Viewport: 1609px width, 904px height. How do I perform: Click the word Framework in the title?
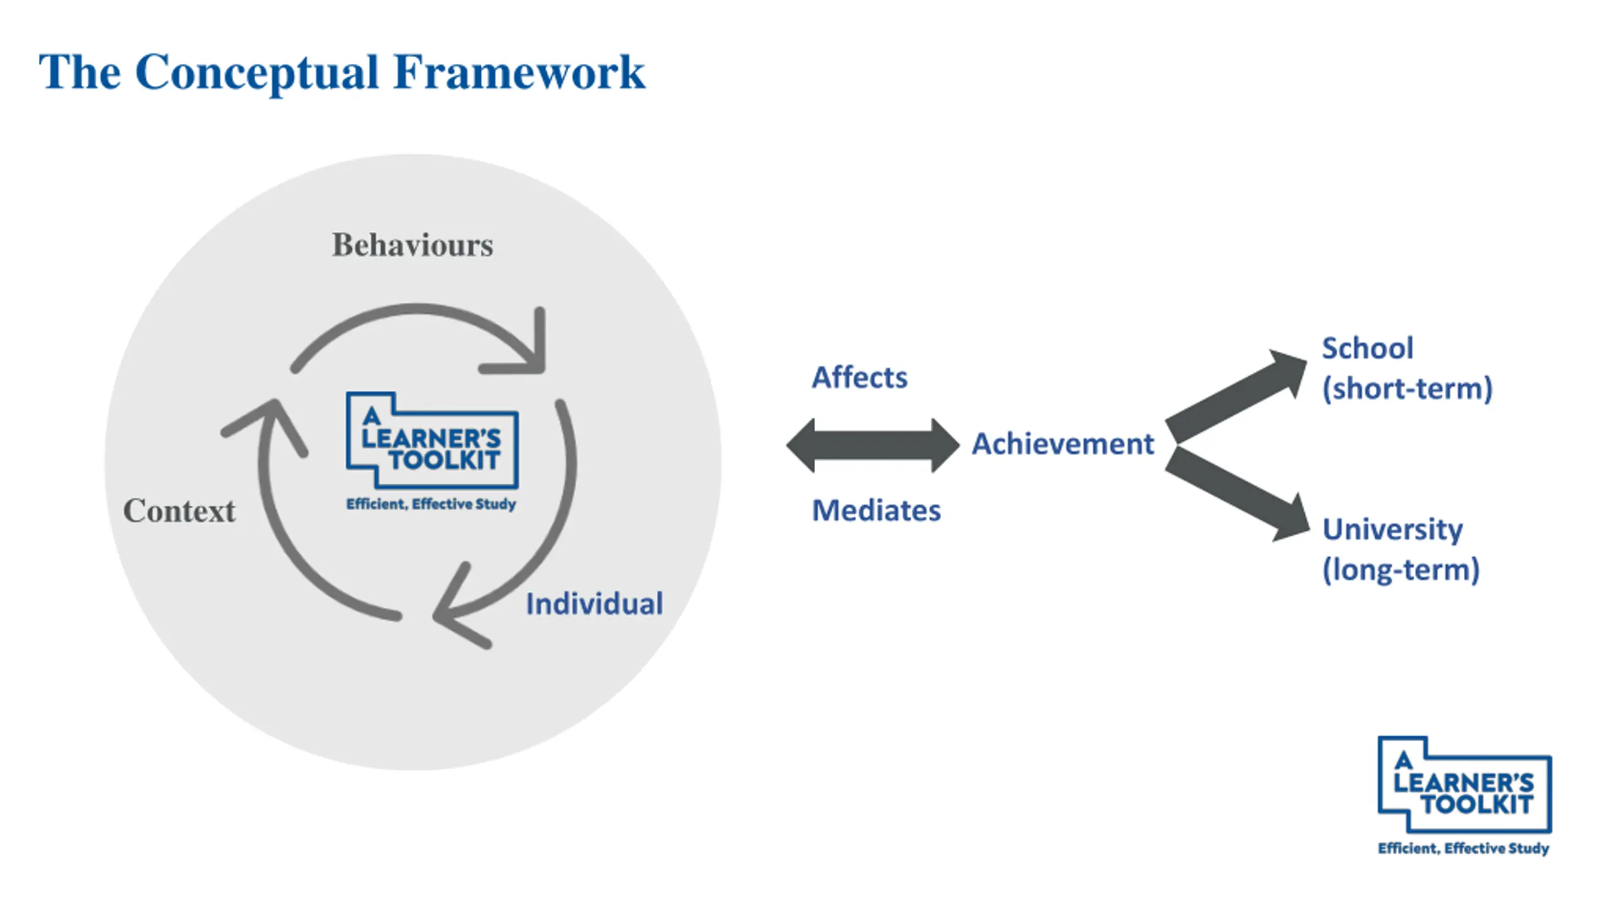coord(519,72)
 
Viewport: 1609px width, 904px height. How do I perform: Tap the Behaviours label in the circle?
coord(412,244)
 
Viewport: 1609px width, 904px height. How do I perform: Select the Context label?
coord(179,510)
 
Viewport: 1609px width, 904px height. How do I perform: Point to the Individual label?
coord(595,604)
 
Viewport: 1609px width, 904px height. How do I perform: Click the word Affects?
coord(860,378)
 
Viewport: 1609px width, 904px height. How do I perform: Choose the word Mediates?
coord(877,510)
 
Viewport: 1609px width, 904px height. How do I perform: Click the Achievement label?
coord(1063,444)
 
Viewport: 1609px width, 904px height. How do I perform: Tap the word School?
coord(1368,348)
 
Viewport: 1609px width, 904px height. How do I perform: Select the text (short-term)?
coord(1407,389)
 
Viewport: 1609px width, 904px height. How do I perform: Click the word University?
coord(1393,530)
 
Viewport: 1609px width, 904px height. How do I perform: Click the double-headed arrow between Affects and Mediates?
coord(873,445)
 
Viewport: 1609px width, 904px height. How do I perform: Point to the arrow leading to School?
coord(1236,396)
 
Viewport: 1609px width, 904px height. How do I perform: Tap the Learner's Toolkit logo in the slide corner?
coord(1464,795)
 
